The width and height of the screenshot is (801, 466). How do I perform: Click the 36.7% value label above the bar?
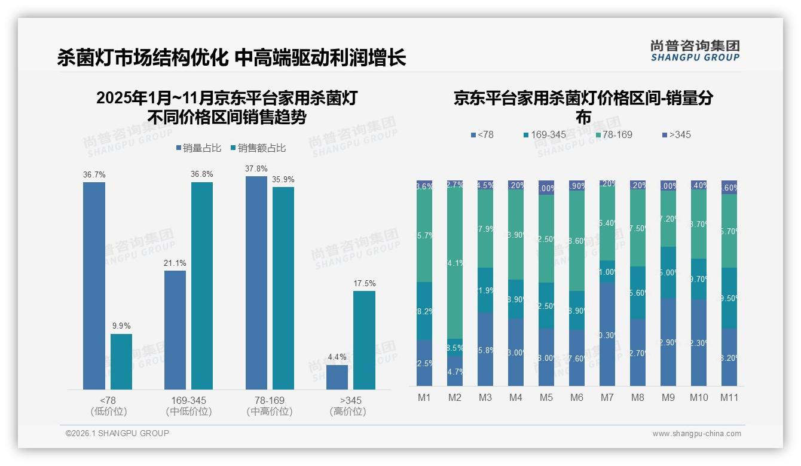(94, 174)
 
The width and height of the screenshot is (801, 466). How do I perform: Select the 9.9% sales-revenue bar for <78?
(121, 361)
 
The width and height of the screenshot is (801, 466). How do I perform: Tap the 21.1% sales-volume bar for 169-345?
(175, 330)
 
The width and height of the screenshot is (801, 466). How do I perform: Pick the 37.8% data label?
(256, 168)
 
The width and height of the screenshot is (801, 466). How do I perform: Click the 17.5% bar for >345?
(364, 340)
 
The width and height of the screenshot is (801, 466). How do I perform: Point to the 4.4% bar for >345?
(337, 377)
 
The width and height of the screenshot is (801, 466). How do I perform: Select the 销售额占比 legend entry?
(258, 148)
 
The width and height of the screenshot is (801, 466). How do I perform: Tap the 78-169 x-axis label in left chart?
(270, 400)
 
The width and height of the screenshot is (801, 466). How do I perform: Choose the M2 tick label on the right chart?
(455, 397)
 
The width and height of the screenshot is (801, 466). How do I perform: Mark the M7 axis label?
(607, 397)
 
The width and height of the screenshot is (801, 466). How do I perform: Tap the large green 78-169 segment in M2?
(455, 263)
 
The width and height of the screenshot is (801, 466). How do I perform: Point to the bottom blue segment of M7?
(607, 334)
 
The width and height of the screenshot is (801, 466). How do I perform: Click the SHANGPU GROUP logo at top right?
(695, 50)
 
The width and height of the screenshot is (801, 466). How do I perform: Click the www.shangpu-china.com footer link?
(696, 434)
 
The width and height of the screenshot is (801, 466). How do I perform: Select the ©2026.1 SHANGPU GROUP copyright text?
(117, 433)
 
